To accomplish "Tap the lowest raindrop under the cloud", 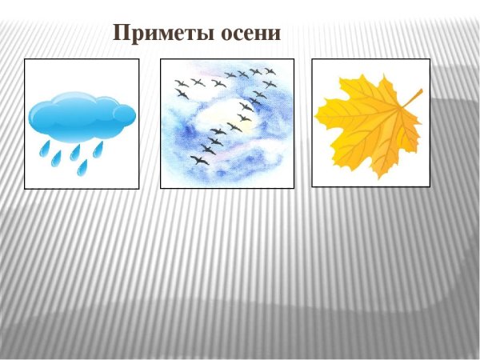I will point(82,167).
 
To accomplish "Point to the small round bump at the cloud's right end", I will point(125,115).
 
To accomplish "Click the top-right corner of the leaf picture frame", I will point(430,59).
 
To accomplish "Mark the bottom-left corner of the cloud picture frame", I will point(25,189).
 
